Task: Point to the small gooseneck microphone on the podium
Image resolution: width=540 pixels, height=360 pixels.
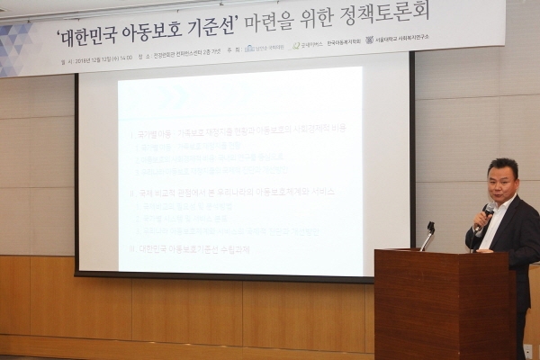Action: pos(428,236)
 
